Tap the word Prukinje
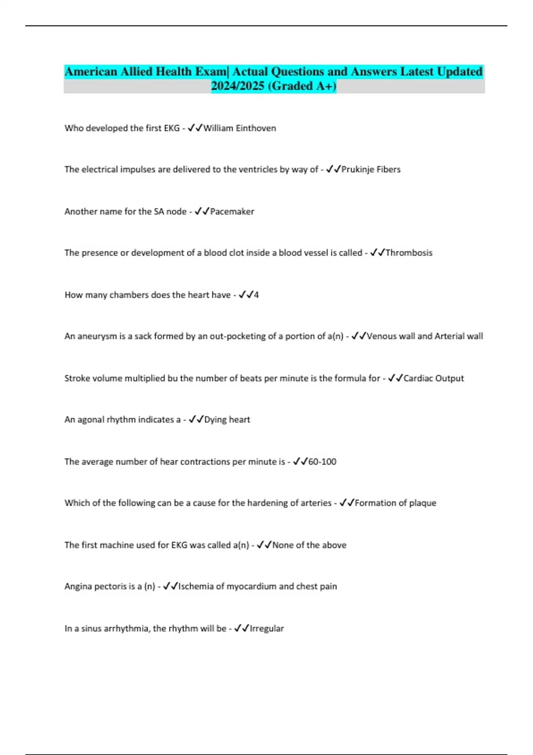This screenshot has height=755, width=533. coord(358,169)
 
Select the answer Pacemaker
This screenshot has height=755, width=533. coord(232,211)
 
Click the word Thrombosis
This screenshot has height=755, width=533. coord(409,253)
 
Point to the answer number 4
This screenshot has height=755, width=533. coord(256,295)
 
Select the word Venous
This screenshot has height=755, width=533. coord(382,336)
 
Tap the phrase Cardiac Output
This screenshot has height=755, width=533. coord(433,378)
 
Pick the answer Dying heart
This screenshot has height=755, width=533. coord(227,420)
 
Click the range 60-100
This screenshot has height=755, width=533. coord(322,461)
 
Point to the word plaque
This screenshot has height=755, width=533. coord(422,503)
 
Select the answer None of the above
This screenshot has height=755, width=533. coord(309,545)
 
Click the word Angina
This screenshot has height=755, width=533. coord(80,586)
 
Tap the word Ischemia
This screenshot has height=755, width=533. coord(196,586)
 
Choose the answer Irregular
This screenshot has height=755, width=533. coord(266,628)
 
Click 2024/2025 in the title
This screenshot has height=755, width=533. coord(238,86)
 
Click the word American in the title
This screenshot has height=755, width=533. coord(91,72)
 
